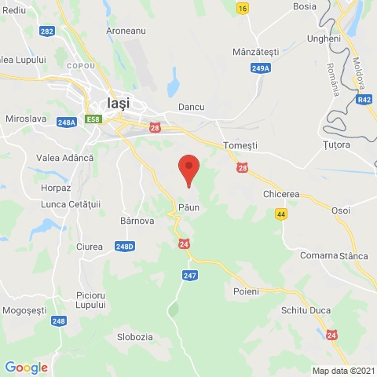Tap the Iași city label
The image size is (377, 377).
(x=117, y=103)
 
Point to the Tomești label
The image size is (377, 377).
(x=240, y=145)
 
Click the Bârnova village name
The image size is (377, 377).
(x=137, y=221)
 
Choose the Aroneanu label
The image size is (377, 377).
(x=127, y=31)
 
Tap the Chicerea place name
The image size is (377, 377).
(x=282, y=193)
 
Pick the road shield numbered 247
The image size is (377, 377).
(x=190, y=275)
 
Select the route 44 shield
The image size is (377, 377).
(x=281, y=214)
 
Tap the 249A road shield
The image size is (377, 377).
(x=261, y=68)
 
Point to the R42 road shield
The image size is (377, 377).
(x=364, y=100)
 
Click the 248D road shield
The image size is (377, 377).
(x=124, y=247)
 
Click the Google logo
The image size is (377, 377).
(x=26, y=367)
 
